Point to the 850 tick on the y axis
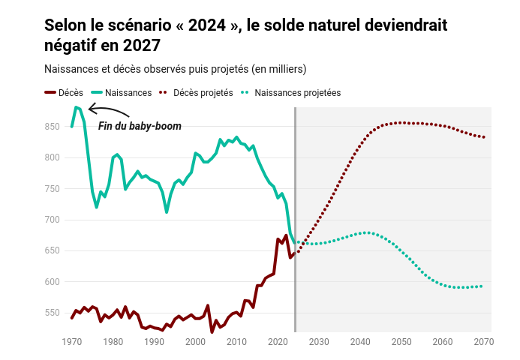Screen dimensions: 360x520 [52, 127]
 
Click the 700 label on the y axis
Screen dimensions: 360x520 [52, 220]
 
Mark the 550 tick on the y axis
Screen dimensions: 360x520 [52, 313]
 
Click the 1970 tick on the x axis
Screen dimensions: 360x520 [72, 342]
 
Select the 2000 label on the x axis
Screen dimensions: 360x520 [195, 342]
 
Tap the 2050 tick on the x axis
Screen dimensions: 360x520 [401, 342]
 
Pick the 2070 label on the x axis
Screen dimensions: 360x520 [484, 342]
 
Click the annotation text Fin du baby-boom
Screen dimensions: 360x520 [140, 126]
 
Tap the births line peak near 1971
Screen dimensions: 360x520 [76, 107]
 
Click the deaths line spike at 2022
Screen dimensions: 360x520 [286, 235]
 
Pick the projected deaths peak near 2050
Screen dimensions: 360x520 [401, 122]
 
